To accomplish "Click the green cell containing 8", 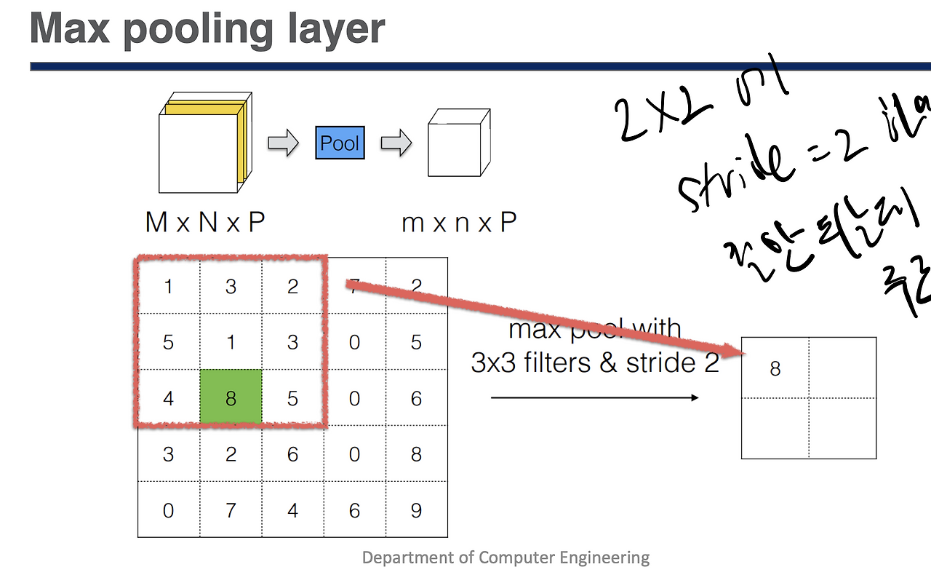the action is pyautogui.click(x=231, y=397).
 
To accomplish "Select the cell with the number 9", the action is pyautogui.click(x=416, y=510).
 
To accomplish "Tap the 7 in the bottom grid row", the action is pyautogui.click(x=231, y=510).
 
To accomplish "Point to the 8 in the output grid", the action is pyautogui.click(x=775, y=369).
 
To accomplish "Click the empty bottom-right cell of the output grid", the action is pyautogui.click(x=842, y=428).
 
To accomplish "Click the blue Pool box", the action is pyautogui.click(x=340, y=143).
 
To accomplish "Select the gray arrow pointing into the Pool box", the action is pyautogui.click(x=283, y=143).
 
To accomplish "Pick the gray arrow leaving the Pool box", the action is pyautogui.click(x=396, y=143).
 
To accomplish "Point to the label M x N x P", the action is pyautogui.click(x=204, y=223).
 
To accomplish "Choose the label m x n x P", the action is pyautogui.click(x=458, y=223).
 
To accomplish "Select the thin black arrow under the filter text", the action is pyautogui.click(x=594, y=397).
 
